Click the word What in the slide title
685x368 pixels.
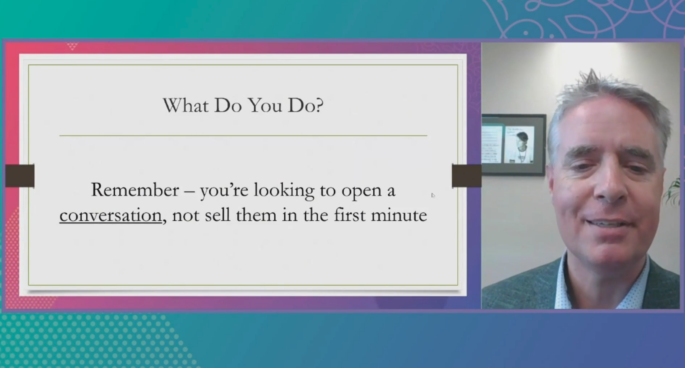pyautogui.click(x=186, y=106)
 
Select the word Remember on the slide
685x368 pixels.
pyautogui.click(x=135, y=190)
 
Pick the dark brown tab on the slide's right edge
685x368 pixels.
pyautogui.click(x=467, y=176)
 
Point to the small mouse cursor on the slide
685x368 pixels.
pyautogui.click(x=433, y=196)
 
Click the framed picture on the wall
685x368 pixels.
pyautogui.click(x=514, y=145)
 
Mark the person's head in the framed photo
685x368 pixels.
pyautogui.click(x=522, y=140)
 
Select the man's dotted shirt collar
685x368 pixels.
pyautogui.click(x=604, y=282)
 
